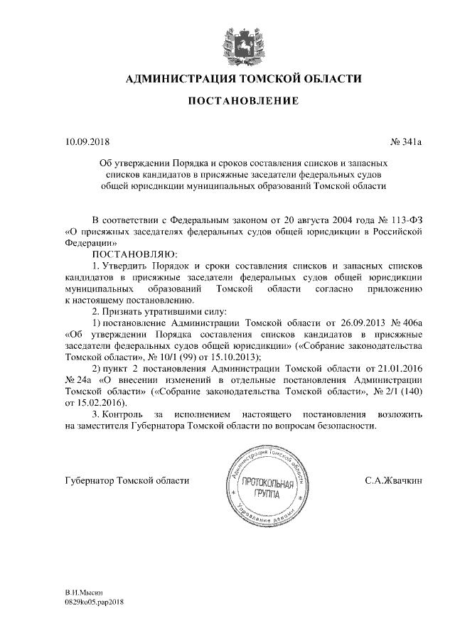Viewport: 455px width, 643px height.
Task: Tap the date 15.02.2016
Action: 93,403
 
